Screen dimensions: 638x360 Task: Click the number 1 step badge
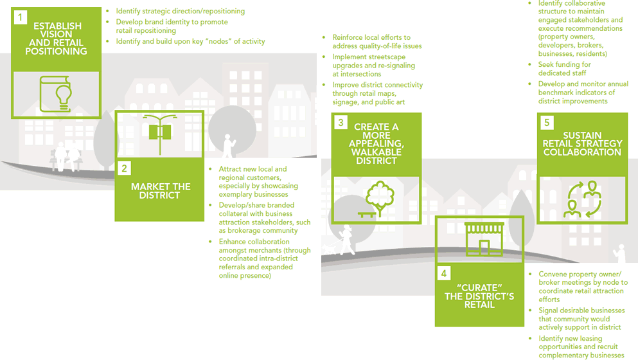(x=21, y=17)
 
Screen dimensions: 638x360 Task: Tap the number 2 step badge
(x=124, y=168)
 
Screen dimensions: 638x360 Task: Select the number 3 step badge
(x=341, y=123)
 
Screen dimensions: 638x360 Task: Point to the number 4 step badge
(x=444, y=273)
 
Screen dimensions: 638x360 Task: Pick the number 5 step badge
(x=547, y=123)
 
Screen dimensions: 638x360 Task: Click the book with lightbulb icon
(x=56, y=94)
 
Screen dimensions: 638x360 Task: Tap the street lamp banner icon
(x=160, y=133)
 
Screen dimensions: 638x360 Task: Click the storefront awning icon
(x=484, y=239)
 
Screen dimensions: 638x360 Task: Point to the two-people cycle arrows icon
(x=582, y=199)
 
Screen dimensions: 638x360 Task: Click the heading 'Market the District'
(x=161, y=191)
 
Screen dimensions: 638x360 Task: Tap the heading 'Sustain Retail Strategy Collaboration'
(x=582, y=144)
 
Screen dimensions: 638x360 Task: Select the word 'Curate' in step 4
(x=480, y=287)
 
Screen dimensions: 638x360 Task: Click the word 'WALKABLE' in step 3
(x=377, y=152)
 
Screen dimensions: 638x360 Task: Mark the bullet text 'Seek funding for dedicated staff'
(x=564, y=69)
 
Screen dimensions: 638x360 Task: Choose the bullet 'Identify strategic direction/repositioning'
(x=181, y=11)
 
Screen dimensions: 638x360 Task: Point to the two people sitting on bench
(x=67, y=156)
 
